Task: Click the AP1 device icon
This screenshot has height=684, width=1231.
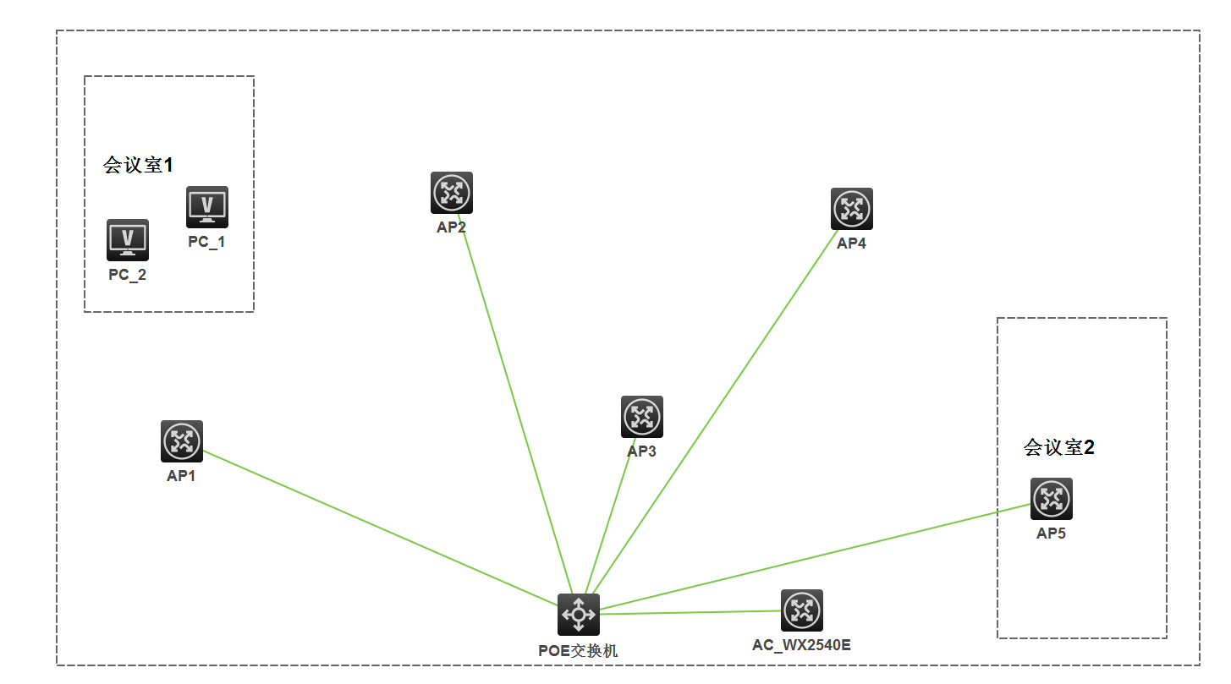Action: (182, 441)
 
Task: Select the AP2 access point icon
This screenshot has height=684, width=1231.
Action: (452, 193)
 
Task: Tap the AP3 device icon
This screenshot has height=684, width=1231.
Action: (642, 417)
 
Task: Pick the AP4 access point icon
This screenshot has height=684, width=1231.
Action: (852, 209)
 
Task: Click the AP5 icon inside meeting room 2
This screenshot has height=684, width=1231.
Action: (1052, 499)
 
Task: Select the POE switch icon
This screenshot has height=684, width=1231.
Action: (579, 615)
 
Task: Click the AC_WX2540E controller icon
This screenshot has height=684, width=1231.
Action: (802, 610)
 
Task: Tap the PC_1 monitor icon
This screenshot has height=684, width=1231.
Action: (207, 207)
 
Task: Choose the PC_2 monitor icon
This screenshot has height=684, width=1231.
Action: (128, 240)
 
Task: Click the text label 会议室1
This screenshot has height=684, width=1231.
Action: (138, 165)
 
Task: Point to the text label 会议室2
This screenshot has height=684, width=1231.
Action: (1059, 447)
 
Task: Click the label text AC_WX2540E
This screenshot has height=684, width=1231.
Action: (801, 646)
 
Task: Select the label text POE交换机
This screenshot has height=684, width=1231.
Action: (579, 651)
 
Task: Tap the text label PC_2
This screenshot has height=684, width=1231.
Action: (128, 275)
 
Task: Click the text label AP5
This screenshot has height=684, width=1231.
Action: (1051, 534)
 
